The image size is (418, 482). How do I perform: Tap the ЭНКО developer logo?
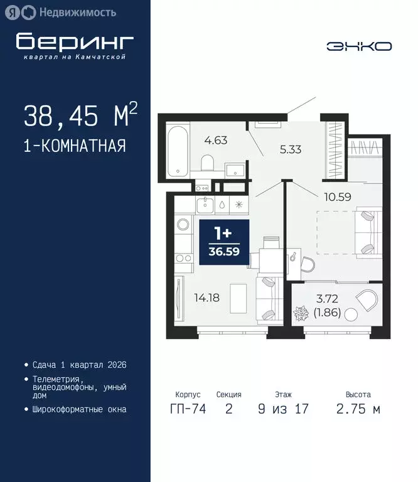click(359, 46)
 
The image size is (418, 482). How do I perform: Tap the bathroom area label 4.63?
click(216, 140)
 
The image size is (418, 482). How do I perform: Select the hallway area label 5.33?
click(291, 149)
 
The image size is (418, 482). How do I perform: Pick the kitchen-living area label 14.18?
click(206, 298)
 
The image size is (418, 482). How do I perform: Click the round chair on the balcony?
click(366, 301)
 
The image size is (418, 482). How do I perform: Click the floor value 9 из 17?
click(282, 410)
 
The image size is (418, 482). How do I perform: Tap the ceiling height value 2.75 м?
click(358, 410)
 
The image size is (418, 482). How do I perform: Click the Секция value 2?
click(228, 410)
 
